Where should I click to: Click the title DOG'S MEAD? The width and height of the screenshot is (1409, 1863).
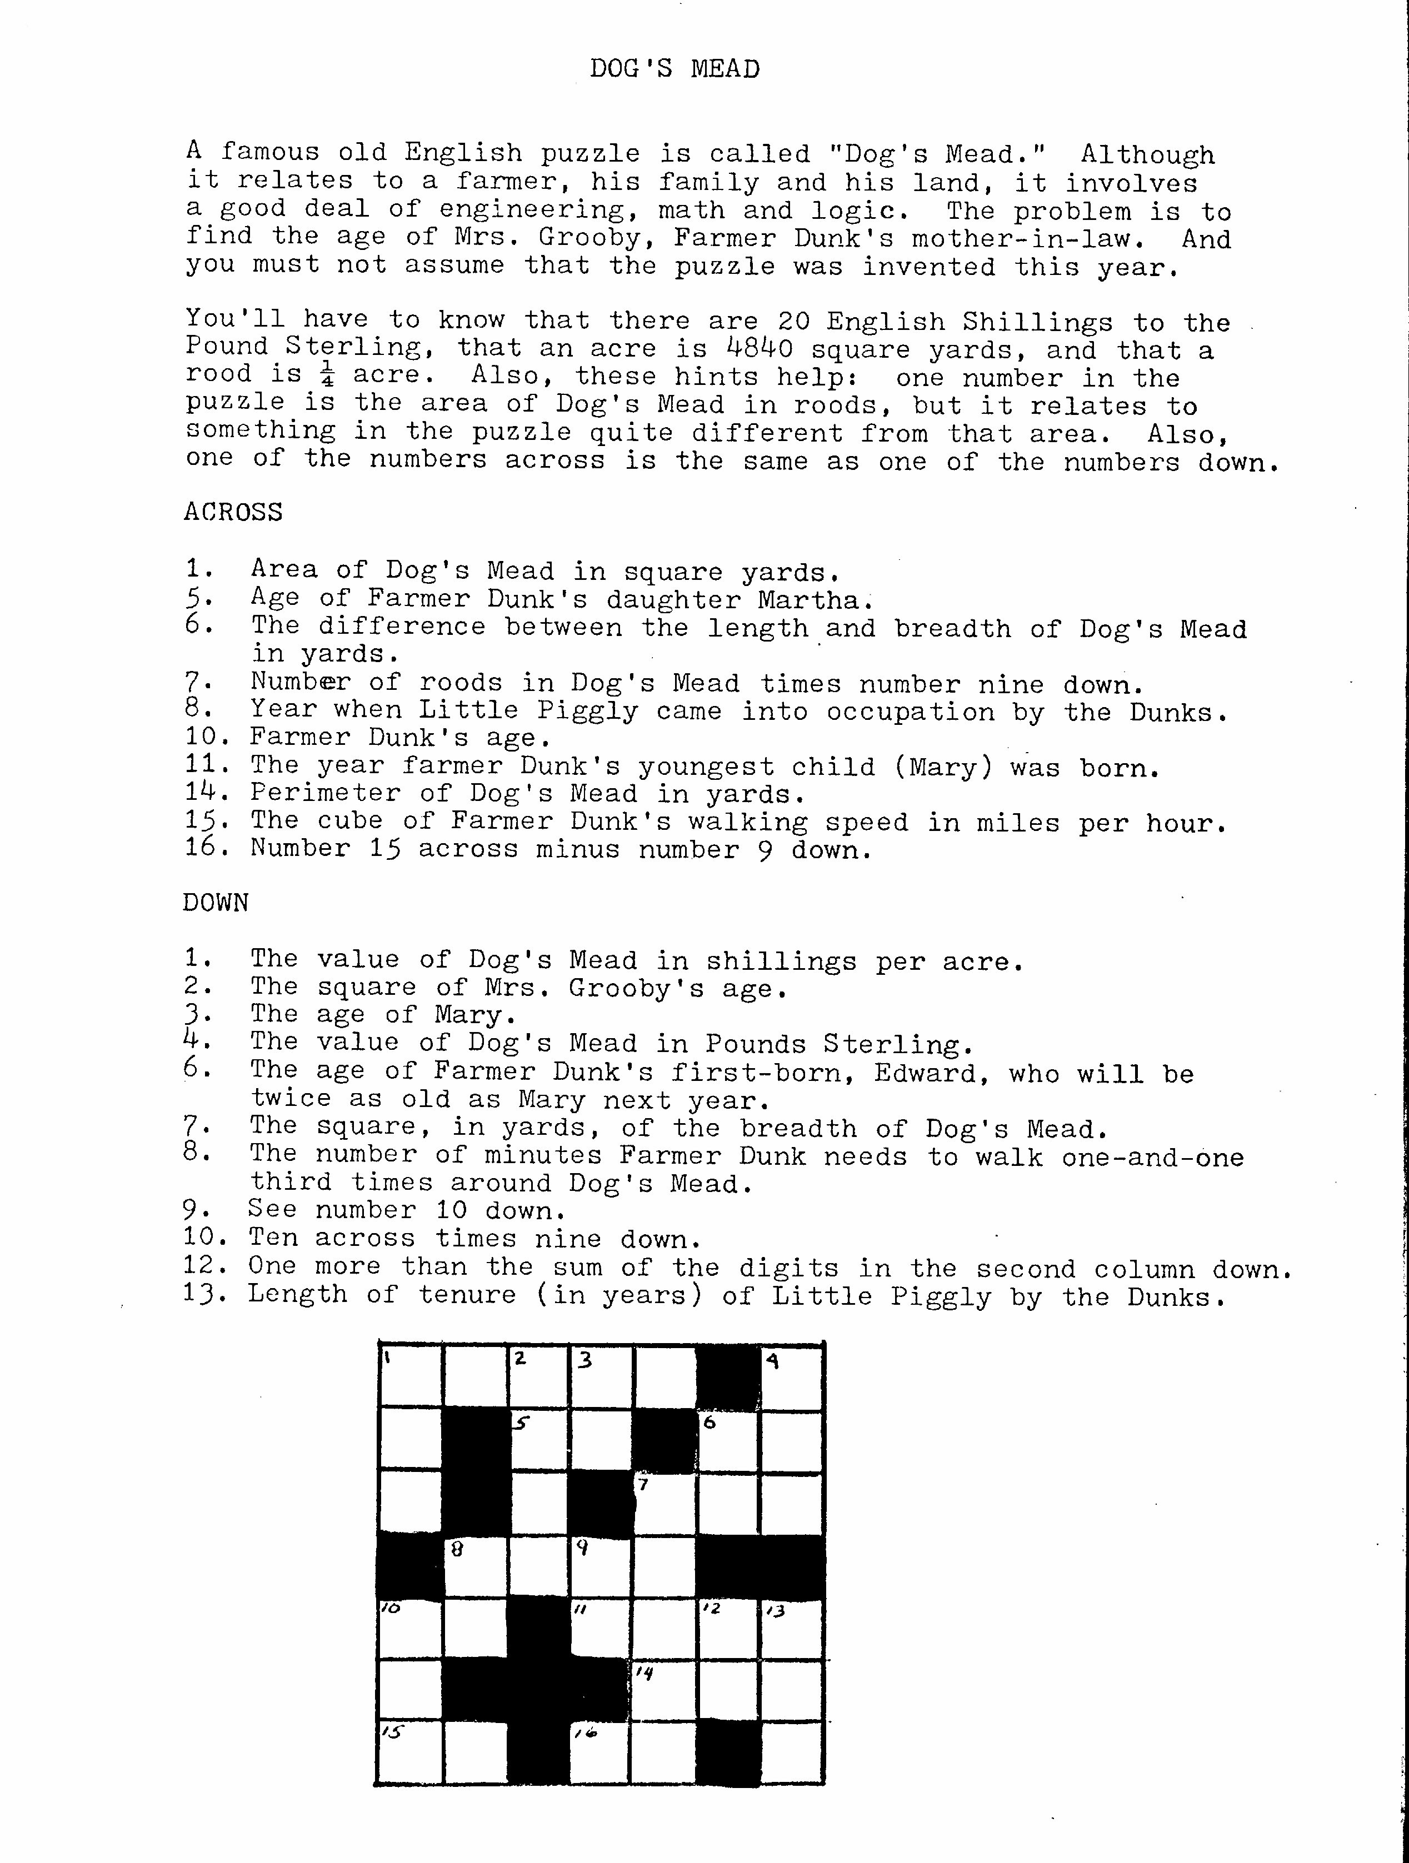pos(674,68)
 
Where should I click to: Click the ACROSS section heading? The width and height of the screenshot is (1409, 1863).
pos(233,512)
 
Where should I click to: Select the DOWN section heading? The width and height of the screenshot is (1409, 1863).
pos(216,903)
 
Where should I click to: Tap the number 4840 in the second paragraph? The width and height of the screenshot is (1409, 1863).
pos(759,349)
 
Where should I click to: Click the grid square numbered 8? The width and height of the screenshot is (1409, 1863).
pos(475,1568)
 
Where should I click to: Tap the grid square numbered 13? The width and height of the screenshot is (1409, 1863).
pos(792,1631)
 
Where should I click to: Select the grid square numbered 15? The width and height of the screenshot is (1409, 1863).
pos(411,1754)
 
